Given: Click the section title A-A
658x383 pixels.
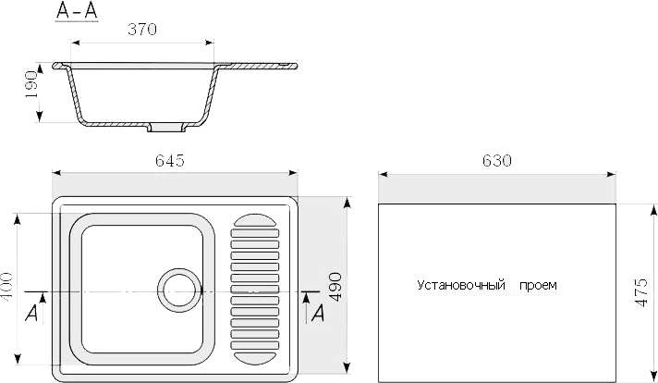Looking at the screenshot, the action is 77,11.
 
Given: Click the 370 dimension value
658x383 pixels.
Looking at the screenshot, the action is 142,29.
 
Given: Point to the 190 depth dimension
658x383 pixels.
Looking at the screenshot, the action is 31,84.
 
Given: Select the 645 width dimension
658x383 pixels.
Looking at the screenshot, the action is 170,160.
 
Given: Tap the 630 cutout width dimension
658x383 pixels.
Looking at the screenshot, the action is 497,160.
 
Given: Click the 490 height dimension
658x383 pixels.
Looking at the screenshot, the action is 335,287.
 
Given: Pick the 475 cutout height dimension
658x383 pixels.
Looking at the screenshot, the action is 641,292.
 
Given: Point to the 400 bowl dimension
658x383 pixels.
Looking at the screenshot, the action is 7,287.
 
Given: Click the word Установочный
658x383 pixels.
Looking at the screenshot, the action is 461,285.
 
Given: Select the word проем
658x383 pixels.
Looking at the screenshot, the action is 539,286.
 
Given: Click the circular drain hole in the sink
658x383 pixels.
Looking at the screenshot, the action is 179,290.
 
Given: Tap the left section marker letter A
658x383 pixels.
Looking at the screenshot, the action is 31,314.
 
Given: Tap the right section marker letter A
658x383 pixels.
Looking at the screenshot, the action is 318,314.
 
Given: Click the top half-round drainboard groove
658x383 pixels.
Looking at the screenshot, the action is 255,220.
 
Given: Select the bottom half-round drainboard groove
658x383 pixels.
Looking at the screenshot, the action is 255,358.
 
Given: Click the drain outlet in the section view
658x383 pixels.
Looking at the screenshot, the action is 166,128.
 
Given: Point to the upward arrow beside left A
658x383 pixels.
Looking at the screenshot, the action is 43,307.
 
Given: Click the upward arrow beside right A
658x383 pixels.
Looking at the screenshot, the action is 307,307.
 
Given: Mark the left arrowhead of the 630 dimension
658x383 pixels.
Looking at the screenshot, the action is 383,174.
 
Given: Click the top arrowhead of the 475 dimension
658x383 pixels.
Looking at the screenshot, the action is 653,209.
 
